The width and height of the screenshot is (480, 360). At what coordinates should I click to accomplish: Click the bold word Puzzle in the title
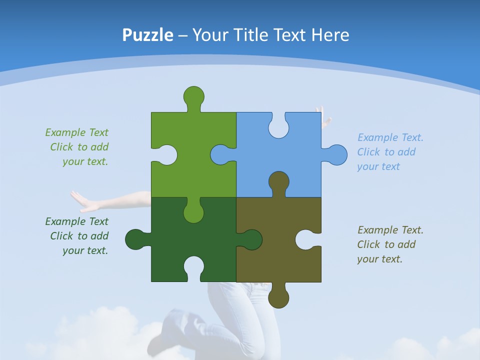(148, 35)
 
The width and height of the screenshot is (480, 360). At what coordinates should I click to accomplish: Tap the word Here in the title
(330, 35)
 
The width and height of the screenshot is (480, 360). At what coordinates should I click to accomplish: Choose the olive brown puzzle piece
(280, 250)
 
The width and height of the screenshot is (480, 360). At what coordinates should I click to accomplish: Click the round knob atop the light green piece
(193, 96)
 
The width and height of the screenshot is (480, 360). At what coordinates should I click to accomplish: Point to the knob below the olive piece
(278, 298)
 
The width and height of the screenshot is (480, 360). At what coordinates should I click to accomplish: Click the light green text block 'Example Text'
(76, 132)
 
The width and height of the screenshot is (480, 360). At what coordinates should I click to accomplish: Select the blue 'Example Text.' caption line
(390, 137)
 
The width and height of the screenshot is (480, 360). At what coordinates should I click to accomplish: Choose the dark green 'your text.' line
(85, 250)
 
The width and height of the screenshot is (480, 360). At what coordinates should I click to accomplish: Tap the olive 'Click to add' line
(386, 244)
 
